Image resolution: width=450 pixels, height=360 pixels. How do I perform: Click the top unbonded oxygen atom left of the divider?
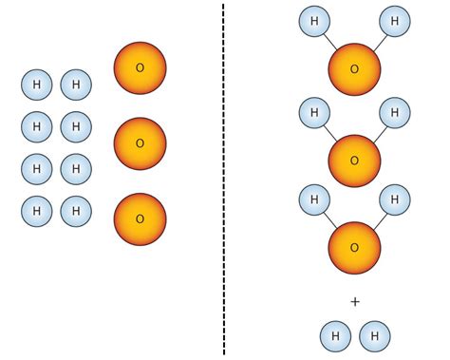(140, 67)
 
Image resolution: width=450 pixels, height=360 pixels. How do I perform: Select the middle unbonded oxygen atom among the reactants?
(140, 143)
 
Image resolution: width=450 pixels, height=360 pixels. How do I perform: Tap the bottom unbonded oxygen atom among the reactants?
(140, 218)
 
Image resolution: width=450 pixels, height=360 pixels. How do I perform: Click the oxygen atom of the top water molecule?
(354, 69)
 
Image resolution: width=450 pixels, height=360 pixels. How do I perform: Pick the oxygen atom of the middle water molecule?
(354, 161)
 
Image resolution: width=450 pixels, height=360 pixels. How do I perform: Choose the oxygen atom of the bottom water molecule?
(354, 247)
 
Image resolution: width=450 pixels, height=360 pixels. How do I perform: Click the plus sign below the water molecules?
(355, 302)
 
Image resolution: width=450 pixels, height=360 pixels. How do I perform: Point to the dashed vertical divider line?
(224, 180)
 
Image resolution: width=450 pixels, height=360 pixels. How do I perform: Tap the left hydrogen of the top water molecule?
(314, 21)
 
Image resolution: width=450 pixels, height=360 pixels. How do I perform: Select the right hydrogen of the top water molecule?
(395, 21)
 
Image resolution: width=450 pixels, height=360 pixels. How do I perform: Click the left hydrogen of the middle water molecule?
(314, 113)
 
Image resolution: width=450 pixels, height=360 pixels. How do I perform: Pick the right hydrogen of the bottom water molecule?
(395, 199)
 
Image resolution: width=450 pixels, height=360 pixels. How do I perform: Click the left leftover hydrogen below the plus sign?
(335, 336)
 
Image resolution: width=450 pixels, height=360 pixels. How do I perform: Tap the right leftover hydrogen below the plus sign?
(375, 336)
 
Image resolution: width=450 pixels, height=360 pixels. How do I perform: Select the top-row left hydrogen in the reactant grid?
(37, 85)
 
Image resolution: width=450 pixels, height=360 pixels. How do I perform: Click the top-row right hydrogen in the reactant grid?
(76, 85)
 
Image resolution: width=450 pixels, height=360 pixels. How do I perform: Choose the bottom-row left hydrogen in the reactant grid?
(37, 211)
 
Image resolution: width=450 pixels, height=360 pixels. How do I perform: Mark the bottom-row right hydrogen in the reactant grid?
(76, 211)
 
